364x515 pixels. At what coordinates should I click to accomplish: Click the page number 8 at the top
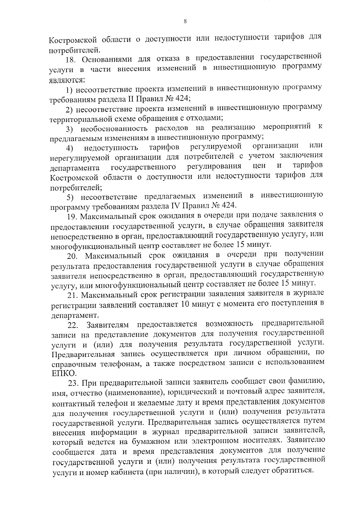[x=185, y=21]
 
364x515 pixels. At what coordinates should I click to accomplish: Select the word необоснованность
[x=114, y=128]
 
